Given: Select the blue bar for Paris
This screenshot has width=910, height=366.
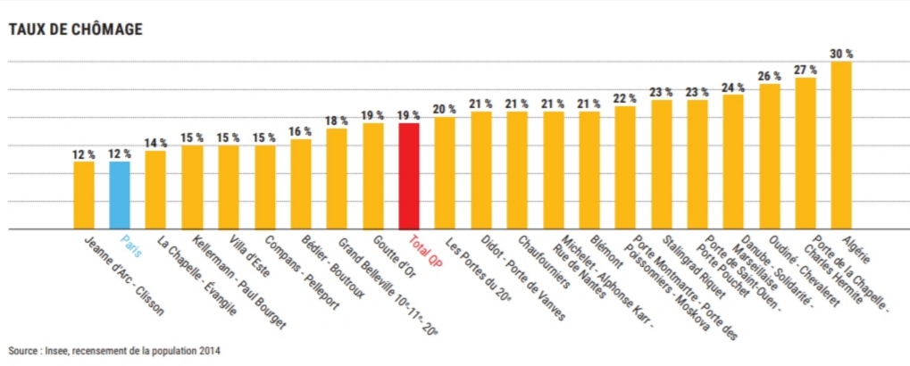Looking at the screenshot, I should point(120,195).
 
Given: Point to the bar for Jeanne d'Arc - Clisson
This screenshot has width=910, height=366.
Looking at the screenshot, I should point(84,195).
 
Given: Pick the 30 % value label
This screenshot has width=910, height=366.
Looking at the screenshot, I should point(841,54).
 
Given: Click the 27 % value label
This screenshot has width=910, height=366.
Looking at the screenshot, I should point(806,70).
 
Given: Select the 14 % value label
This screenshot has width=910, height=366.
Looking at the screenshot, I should point(156,143).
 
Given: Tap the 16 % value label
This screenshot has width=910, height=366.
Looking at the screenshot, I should point(300,131).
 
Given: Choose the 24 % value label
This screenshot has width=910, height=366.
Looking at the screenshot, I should point(733,87).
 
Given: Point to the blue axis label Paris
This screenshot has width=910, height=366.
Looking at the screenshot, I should point(130,246).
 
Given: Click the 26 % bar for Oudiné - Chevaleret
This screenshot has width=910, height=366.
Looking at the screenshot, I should point(769,156).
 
